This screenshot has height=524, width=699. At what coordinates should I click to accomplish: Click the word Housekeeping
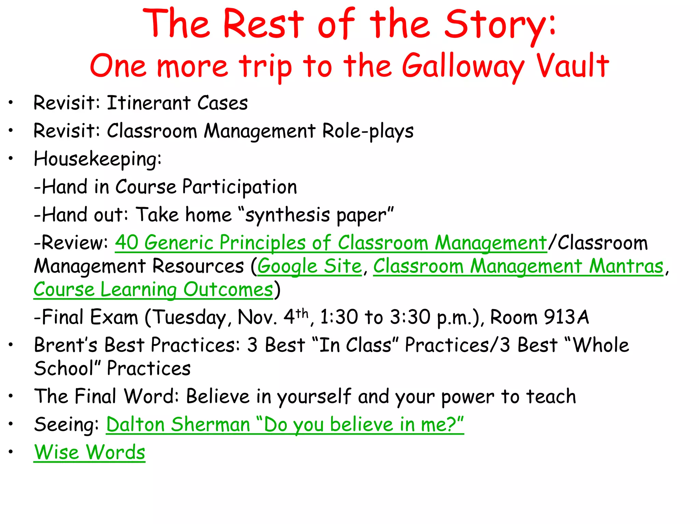point(97,159)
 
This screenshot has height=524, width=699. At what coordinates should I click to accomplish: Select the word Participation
point(239,187)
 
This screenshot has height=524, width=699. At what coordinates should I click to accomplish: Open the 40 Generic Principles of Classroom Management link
point(331,243)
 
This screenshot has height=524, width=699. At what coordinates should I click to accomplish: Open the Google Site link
point(310,266)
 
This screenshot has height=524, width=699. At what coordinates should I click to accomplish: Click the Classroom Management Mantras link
point(518,266)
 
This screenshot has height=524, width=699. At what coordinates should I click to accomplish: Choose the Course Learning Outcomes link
point(153,290)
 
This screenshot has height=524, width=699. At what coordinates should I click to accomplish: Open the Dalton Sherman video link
point(285,425)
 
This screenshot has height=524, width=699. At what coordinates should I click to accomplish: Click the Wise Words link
point(89,452)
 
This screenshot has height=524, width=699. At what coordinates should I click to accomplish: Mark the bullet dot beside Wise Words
point(11,452)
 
